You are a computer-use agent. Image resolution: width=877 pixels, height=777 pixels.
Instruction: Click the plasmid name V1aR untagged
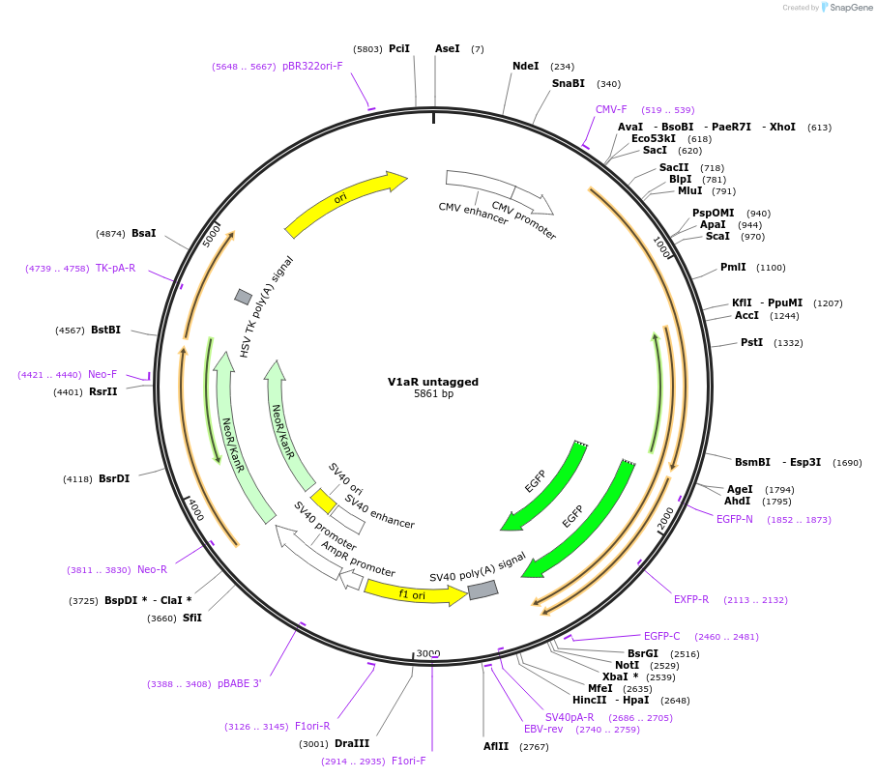[x=433, y=382]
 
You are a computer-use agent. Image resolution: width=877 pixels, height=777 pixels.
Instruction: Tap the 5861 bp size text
[x=433, y=393]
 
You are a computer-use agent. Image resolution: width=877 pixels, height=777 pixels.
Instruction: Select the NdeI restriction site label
[x=526, y=66]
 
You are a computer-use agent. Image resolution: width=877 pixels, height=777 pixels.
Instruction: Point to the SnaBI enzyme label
[x=569, y=83]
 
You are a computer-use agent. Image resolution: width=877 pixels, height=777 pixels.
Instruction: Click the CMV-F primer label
[x=611, y=109]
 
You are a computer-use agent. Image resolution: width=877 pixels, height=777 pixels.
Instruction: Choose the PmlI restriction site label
[x=733, y=267]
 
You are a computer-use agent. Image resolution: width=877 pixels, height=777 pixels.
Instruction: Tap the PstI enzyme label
[x=751, y=342]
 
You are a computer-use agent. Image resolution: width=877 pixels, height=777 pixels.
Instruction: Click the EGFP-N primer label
[x=734, y=519]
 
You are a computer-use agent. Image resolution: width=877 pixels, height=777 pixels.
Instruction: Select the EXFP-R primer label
[x=691, y=599]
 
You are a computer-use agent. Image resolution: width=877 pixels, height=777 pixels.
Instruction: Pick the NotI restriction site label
[x=627, y=665]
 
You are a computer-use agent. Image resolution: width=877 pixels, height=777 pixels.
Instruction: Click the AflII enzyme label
[x=496, y=746]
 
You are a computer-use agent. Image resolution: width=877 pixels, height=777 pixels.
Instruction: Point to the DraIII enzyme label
[x=352, y=743]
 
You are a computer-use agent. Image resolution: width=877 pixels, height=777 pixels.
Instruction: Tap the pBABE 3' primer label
[x=240, y=683]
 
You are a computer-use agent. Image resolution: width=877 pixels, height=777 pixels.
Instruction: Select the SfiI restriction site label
[x=191, y=618]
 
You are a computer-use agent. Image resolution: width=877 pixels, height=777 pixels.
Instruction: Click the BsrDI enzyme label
[x=114, y=478]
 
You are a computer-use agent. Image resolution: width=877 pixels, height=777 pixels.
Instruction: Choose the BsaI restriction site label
[x=144, y=233]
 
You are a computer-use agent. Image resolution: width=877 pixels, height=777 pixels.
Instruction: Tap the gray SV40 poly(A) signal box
[x=483, y=590]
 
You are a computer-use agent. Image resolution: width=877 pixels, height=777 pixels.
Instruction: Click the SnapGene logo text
[x=851, y=8]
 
